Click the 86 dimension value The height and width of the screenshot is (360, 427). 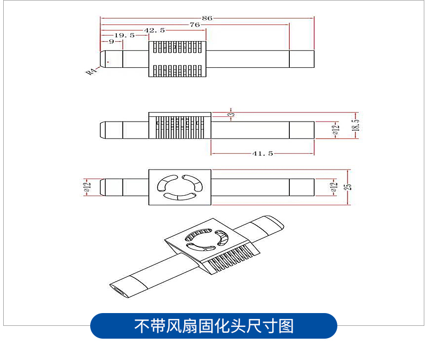coord(207,18)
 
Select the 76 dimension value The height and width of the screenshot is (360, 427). coord(195,25)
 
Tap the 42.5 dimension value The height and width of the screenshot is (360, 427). coord(154,30)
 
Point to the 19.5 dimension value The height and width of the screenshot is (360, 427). coord(124,35)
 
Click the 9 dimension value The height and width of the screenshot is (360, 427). coord(112,42)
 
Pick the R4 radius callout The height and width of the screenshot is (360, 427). coord(91,71)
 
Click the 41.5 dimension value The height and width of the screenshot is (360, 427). coord(263,154)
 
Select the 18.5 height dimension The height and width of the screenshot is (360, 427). coord(355,125)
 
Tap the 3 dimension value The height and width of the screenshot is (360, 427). coord(231,114)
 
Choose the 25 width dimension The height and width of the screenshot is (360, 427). coord(347,187)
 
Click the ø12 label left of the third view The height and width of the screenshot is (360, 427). coord(87,187)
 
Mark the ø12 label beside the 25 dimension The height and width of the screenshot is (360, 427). coord(334,187)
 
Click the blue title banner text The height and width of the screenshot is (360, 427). coord(214,326)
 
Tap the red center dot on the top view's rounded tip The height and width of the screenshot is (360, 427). coord(108,62)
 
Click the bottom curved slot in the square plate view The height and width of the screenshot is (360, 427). coord(179,196)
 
